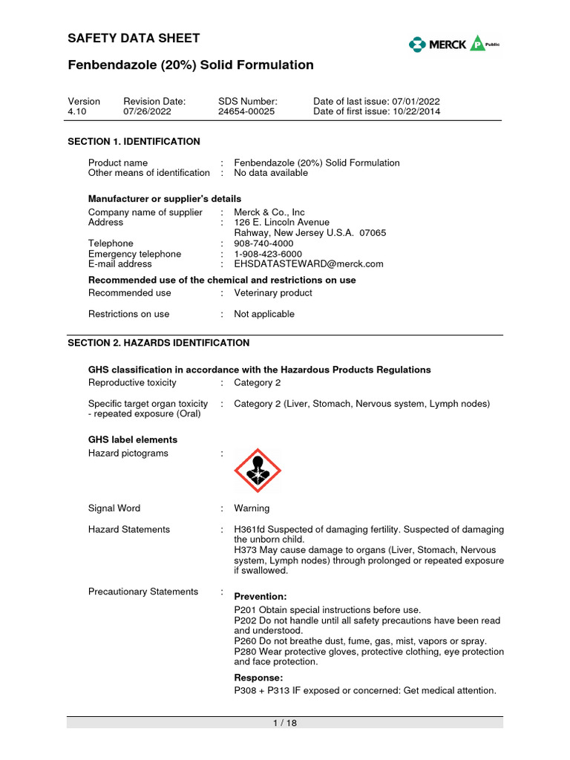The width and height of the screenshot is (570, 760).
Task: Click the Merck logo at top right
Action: pyautogui.click(x=453, y=45)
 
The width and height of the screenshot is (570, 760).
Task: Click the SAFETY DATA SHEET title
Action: pyautogui.click(x=134, y=39)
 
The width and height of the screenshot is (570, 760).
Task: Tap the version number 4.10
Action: pyautogui.click(x=78, y=111)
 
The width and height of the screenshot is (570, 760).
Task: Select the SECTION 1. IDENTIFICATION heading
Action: pyautogui.click(x=134, y=141)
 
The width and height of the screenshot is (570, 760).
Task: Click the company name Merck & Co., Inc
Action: pyautogui.click(x=269, y=212)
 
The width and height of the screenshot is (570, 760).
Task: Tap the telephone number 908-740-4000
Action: pyautogui.click(x=263, y=243)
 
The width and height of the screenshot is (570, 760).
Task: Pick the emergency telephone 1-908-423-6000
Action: pyautogui.click(x=268, y=254)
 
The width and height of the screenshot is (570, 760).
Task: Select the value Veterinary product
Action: pyautogui.click(x=273, y=293)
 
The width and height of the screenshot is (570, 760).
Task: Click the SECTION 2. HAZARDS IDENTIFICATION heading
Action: pyautogui.click(x=159, y=343)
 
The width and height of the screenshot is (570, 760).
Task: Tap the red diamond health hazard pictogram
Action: pyautogui.click(x=258, y=471)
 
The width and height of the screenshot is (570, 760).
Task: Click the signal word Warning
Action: pyautogui.click(x=252, y=508)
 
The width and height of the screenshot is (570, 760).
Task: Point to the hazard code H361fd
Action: pyautogui.click(x=250, y=529)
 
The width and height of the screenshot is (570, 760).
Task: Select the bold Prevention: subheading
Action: pyautogui.click(x=261, y=596)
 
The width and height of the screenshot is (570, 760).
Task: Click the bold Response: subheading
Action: pyautogui.click(x=258, y=678)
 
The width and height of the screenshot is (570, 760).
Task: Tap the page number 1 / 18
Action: pyautogui.click(x=285, y=723)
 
